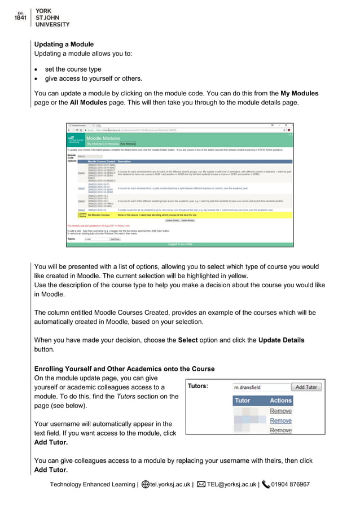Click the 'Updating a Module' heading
(64, 44)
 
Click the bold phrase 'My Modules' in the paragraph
(299, 93)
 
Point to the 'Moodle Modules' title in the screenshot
(103, 138)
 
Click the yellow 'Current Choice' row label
(82, 214)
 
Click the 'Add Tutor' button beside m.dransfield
(306, 387)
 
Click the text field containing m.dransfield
(260, 387)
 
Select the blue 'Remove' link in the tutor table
(280, 420)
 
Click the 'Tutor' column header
(242, 400)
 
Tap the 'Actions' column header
(280, 400)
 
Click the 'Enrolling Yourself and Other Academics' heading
(124, 369)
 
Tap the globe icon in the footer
(145, 484)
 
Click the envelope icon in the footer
(200, 484)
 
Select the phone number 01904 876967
(290, 484)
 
